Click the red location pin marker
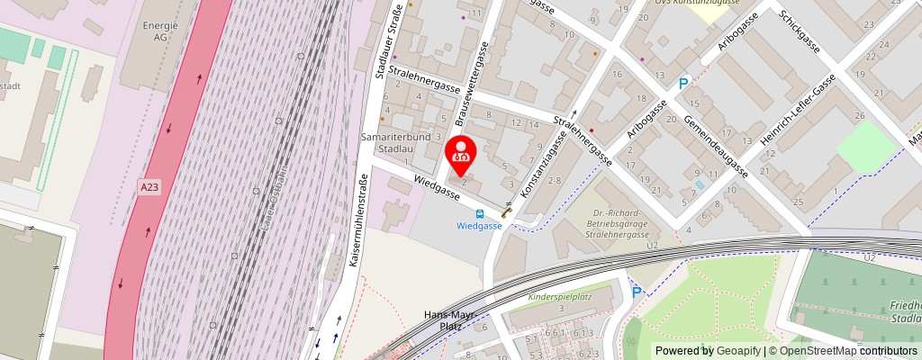click(x=461, y=154)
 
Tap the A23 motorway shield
click(x=149, y=186)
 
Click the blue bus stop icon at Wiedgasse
click(x=479, y=214)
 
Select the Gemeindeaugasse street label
click(x=715, y=145)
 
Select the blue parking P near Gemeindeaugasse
click(x=683, y=84)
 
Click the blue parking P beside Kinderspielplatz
click(x=637, y=292)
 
